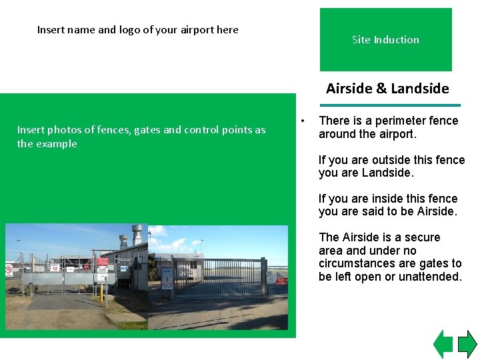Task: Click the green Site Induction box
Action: pyautogui.click(x=385, y=39)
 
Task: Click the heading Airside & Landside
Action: pyautogui.click(x=387, y=89)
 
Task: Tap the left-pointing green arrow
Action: pyautogui.click(x=443, y=344)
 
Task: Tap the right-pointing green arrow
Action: pyautogui.click(x=467, y=344)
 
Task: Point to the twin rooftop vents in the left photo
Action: pyautogui.click(x=131, y=235)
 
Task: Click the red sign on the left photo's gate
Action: pyautogui.click(x=102, y=261)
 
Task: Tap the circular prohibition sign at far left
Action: pyautogui.click(x=9, y=270)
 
